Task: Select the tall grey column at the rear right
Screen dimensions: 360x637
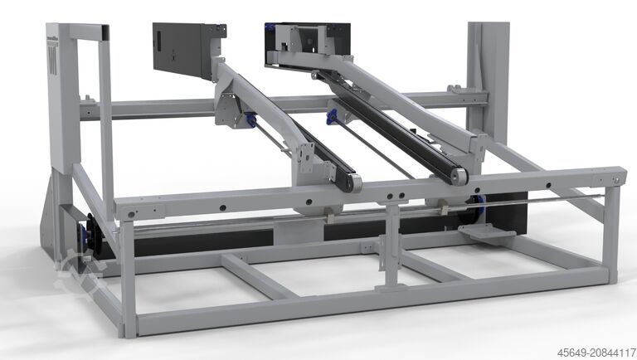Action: [487, 75]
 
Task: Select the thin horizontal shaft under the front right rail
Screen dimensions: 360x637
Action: [539, 198]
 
